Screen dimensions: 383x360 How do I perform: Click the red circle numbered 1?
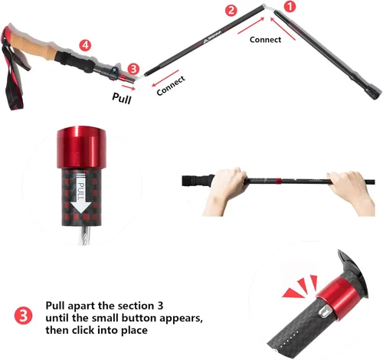click(x=290, y=6)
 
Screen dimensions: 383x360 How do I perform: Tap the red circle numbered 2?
click(x=231, y=11)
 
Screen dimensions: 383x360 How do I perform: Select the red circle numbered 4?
click(x=85, y=45)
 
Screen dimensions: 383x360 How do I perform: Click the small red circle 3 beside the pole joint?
click(x=133, y=69)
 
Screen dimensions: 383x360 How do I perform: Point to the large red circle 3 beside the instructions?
click(x=24, y=316)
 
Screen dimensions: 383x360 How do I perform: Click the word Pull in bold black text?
click(x=122, y=98)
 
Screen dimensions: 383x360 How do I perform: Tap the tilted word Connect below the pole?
click(x=171, y=86)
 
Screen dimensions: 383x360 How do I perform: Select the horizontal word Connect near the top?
click(x=265, y=40)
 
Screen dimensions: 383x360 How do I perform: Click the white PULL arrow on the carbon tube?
click(x=81, y=192)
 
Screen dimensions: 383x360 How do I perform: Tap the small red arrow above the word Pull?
click(x=129, y=87)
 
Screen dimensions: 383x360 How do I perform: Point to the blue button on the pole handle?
click(x=114, y=69)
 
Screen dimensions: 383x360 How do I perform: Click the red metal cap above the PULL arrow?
click(x=81, y=148)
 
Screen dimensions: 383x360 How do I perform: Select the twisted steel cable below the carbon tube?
click(x=84, y=235)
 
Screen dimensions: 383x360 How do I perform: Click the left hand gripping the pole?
click(x=224, y=190)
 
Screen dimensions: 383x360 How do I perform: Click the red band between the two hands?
click(x=278, y=181)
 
